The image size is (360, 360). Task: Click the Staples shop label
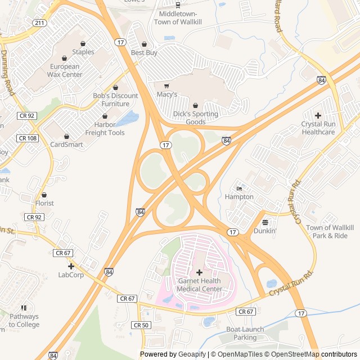[83, 52]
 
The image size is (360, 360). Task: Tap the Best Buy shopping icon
[144, 44]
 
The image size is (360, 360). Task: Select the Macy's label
[166, 94]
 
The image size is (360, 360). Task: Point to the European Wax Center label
[64, 70]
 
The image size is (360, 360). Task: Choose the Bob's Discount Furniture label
[115, 100]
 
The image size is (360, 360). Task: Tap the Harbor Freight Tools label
[105, 129]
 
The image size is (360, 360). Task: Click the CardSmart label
[66, 145]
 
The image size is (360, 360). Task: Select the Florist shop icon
[44, 195]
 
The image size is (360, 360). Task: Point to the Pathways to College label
[24, 321]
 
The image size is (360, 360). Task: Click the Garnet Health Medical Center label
[200, 285]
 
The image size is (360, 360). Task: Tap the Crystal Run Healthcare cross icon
[318, 115]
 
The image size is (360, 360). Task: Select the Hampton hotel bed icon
[239, 188]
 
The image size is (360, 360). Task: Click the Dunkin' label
[264, 231]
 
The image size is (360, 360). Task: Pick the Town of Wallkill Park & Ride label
[330, 231]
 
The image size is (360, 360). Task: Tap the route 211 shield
[39, 23]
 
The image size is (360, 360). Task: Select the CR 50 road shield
[141, 325]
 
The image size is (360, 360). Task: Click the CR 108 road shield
[27, 138]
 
